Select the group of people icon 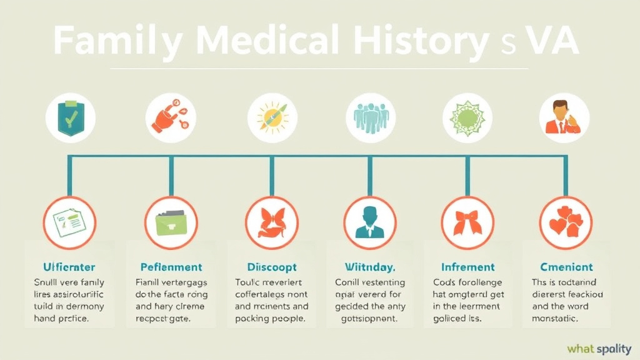coord(370,117)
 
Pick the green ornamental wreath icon coord(467,117)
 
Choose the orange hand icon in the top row coord(170,117)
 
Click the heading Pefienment coord(170,267)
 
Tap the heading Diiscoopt coord(270,267)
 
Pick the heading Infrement coord(467,267)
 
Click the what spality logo coord(599,349)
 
